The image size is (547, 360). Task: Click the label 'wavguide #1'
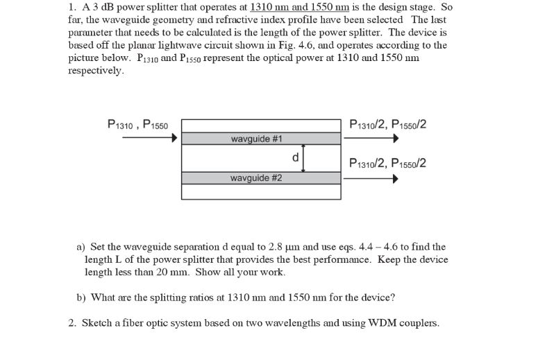coord(257,139)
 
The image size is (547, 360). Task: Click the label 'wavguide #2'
coord(257,178)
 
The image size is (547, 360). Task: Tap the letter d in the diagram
coord(296,157)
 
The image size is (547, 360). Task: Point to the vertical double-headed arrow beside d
coord(304,158)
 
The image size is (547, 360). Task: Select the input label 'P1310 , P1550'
coord(138,126)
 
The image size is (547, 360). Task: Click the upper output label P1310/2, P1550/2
coord(389,125)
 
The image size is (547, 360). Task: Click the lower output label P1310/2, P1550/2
coord(389,164)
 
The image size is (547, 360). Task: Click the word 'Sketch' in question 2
coord(97,323)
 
